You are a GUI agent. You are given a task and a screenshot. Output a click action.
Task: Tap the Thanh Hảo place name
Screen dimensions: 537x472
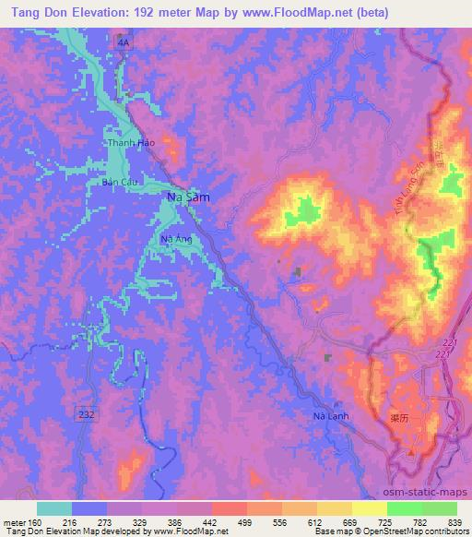point(129,144)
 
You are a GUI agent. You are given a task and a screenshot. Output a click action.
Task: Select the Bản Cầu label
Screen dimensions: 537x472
point(120,183)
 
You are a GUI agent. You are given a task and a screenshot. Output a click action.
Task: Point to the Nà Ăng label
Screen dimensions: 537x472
point(175,240)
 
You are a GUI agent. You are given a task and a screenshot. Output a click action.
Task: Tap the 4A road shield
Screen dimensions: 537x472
point(124,42)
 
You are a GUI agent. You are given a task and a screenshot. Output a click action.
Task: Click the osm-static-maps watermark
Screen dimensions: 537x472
point(431,492)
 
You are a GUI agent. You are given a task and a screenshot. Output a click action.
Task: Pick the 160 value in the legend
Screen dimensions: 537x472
point(37,523)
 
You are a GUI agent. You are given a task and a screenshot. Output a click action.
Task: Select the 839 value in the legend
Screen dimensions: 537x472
point(454,523)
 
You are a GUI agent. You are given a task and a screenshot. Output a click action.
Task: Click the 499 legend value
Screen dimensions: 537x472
point(245,523)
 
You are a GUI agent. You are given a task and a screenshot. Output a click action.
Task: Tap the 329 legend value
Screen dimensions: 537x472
point(141,523)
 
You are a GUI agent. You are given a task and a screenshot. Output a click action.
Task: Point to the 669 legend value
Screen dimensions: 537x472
point(350,523)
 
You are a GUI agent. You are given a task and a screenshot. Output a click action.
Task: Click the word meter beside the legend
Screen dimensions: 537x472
point(13,523)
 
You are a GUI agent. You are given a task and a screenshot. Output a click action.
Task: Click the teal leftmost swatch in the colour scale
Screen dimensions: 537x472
point(54,508)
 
